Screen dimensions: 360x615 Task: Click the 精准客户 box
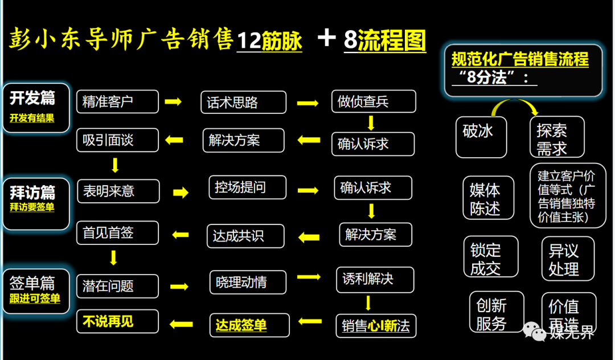point(117,102)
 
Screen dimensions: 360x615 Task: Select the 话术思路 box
point(244,103)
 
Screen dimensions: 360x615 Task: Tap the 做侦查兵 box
point(374,102)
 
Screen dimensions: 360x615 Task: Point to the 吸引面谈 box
point(117,140)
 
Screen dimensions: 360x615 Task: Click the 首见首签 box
point(117,233)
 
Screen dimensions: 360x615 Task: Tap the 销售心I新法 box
point(376,326)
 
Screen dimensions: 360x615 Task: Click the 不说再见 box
point(117,322)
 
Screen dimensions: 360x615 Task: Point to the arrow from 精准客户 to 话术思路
point(173,102)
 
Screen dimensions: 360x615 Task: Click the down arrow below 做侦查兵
point(371,122)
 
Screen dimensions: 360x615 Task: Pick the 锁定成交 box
point(490,257)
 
